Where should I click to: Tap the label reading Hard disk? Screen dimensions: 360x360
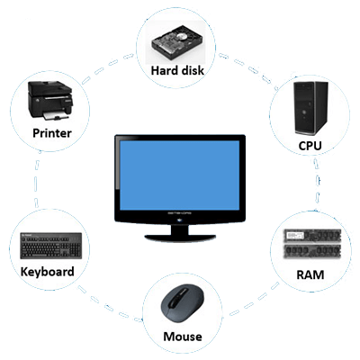[x=177, y=71]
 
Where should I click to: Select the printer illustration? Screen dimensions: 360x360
[x=50, y=101]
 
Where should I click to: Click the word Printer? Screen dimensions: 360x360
[x=52, y=133]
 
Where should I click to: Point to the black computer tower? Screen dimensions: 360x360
[x=310, y=108]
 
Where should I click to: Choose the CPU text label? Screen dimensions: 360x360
[x=310, y=146]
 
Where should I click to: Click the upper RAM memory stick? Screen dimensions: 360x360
[x=312, y=236]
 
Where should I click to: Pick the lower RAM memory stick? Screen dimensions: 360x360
[x=312, y=251]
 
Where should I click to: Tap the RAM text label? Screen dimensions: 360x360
[x=310, y=274]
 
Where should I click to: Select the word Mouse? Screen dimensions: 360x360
[x=183, y=337]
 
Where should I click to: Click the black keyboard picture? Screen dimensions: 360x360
[x=51, y=246]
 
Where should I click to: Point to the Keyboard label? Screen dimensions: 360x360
[x=48, y=272]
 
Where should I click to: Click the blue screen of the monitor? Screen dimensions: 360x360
[x=180, y=175]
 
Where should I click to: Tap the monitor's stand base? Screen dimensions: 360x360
[x=180, y=237]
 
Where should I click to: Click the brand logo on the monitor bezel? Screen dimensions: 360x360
[x=180, y=213]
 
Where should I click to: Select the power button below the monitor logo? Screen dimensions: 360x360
[x=180, y=220]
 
